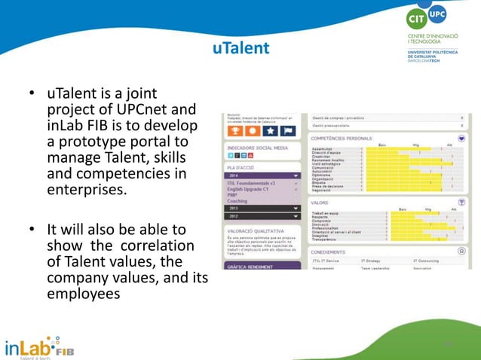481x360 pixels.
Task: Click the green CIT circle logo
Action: [x=416, y=18]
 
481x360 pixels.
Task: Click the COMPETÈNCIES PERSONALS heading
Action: [x=342, y=139]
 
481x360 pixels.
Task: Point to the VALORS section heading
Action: [x=320, y=203]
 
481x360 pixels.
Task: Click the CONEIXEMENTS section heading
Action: [x=329, y=252]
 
